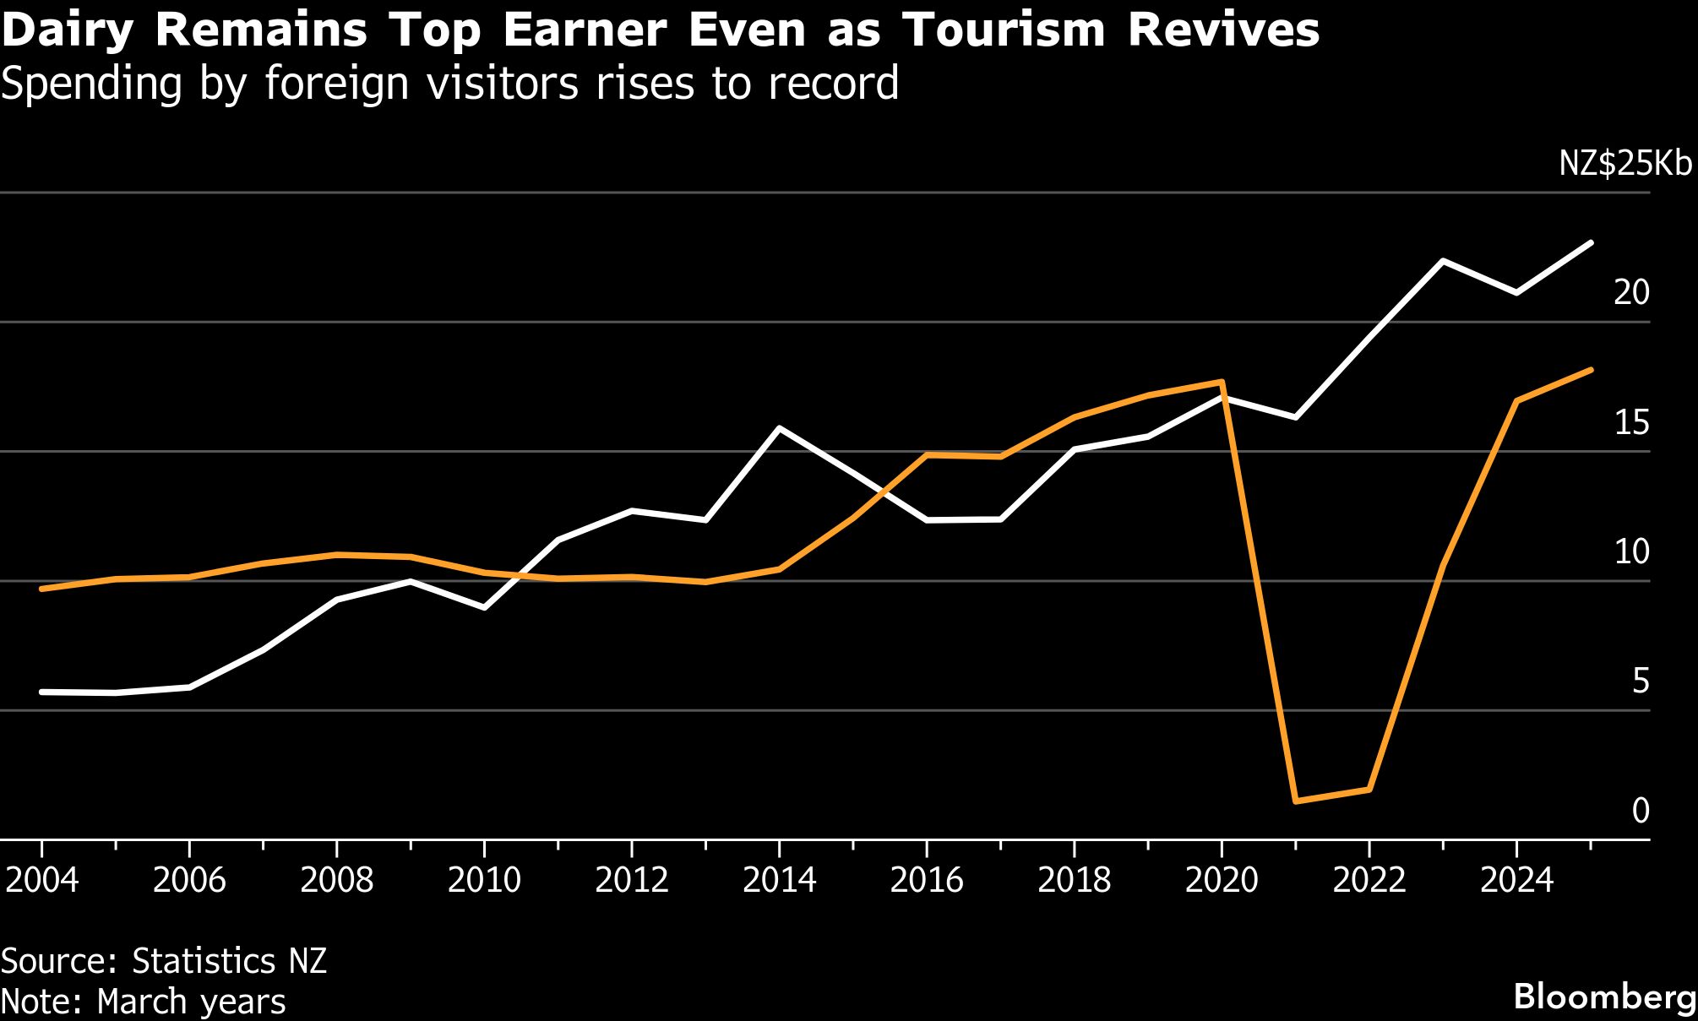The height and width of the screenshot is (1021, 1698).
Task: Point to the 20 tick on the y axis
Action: [1631, 292]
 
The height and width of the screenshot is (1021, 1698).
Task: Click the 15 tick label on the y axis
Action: [1631, 422]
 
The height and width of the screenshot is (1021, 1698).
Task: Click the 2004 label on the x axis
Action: [41, 881]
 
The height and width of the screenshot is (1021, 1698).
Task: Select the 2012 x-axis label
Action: [631, 881]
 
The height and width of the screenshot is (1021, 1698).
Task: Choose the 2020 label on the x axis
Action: [1221, 881]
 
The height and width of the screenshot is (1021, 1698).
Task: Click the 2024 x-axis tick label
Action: [1516, 881]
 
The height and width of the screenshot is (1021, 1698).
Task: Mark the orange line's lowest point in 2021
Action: [1295, 801]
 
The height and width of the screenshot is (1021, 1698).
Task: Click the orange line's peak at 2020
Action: [1222, 383]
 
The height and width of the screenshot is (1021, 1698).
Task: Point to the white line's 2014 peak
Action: [779, 428]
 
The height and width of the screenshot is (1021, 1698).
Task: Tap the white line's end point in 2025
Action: [1591, 243]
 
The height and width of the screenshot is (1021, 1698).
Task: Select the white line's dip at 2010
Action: [484, 607]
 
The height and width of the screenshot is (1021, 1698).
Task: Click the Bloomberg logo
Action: [1604, 997]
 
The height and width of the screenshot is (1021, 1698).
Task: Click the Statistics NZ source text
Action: [229, 962]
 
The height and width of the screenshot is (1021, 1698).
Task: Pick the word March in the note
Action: [142, 1002]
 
